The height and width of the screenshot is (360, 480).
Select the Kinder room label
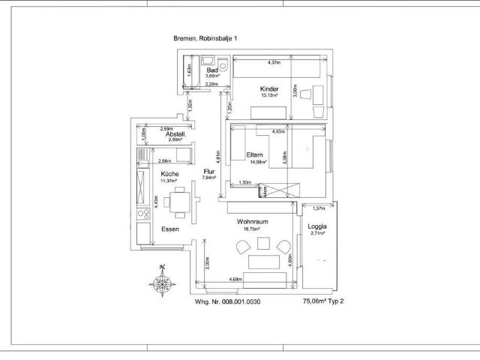tap(269, 88)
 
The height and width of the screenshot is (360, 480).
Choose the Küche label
tap(170, 174)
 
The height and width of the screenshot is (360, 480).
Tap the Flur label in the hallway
tap(209, 172)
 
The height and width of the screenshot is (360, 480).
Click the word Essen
tap(170, 229)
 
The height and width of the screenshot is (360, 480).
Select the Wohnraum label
tap(252, 223)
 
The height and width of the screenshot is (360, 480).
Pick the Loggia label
tap(318, 226)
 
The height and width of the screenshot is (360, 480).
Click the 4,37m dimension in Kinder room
tap(279, 62)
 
